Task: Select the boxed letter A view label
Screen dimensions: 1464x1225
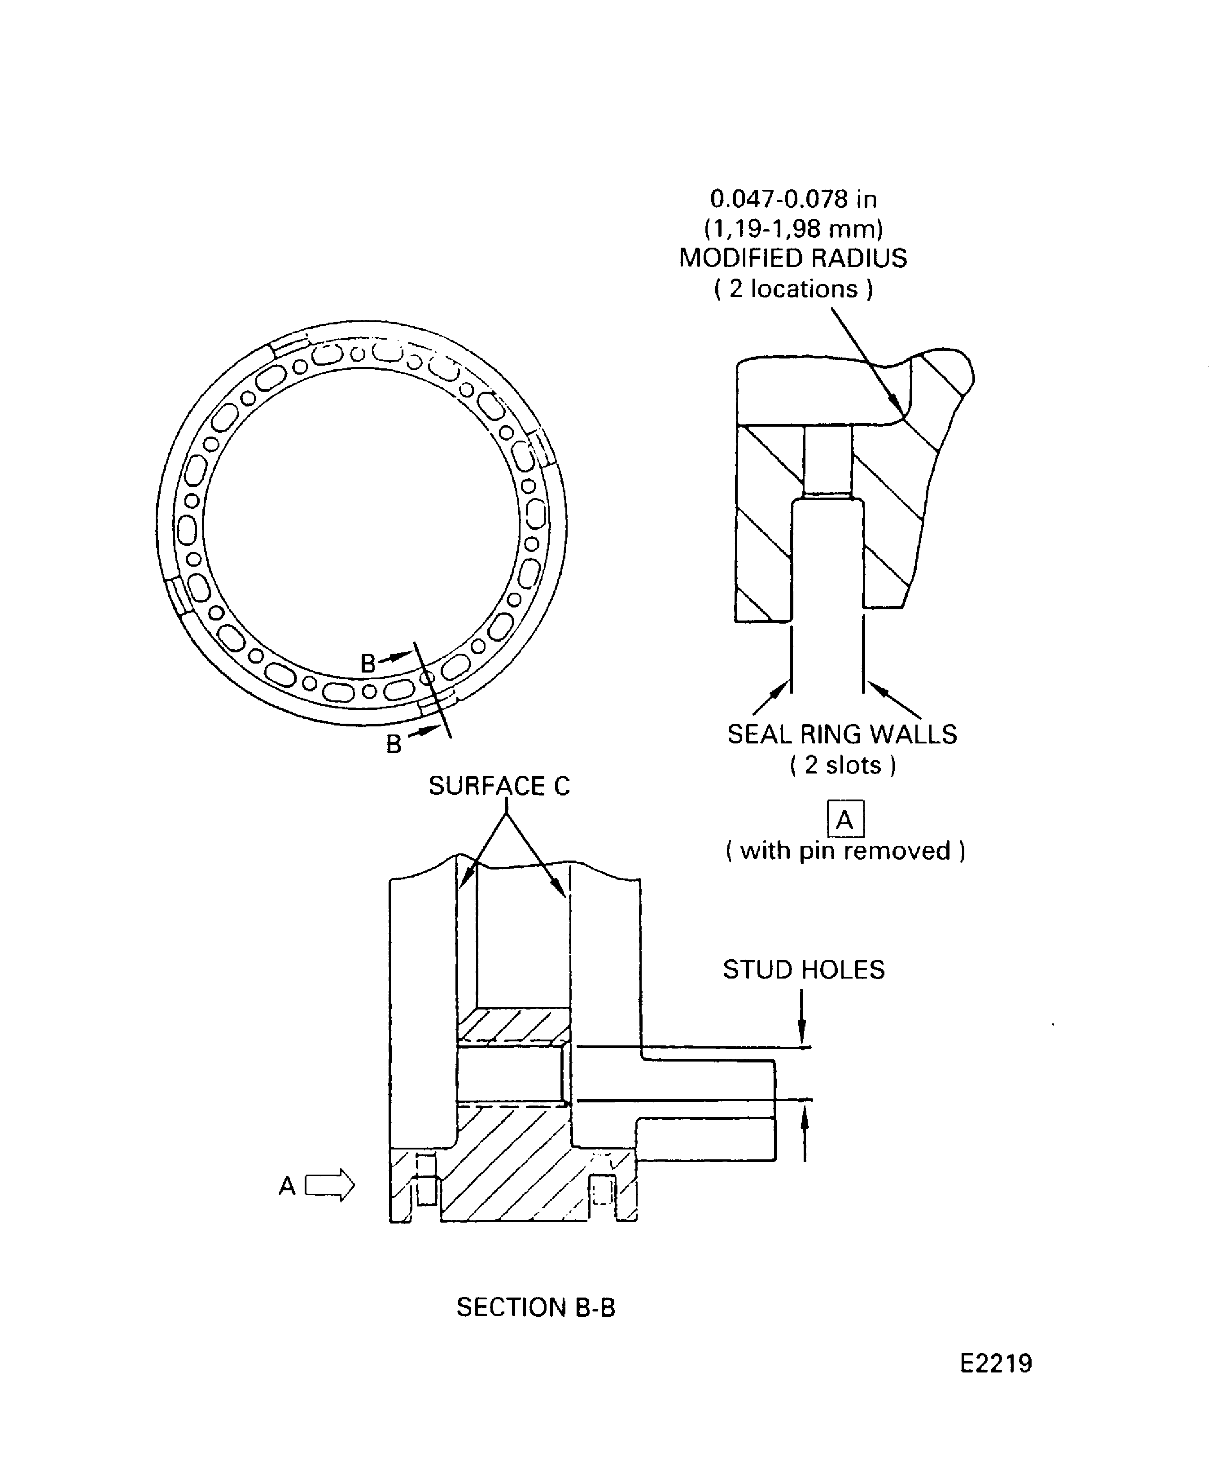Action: pyautogui.click(x=845, y=819)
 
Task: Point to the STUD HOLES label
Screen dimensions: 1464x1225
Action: pyautogui.click(x=803, y=970)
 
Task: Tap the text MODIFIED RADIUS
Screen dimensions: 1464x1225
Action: pyautogui.click(x=793, y=258)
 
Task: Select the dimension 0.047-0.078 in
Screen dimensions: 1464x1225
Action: pyautogui.click(x=793, y=199)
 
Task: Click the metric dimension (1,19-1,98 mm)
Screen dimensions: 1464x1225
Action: pyautogui.click(x=793, y=229)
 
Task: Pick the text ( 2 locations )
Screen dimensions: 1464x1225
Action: pyautogui.click(x=793, y=288)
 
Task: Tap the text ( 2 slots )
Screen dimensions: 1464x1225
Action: pyautogui.click(x=842, y=765)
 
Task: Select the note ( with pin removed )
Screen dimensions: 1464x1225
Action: pyautogui.click(x=845, y=851)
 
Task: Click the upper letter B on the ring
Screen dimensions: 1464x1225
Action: pyautogui.click(x=367, y=663)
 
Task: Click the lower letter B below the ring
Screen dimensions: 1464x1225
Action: pyautogui.click(x=394, y=744)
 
